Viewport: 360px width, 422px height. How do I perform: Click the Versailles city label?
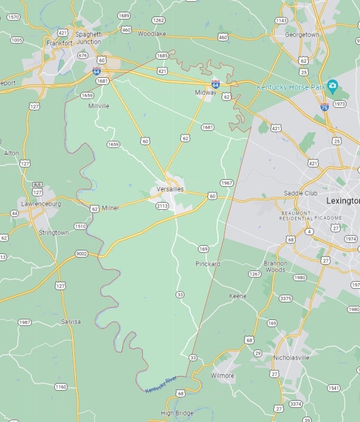pyautogui.click(x=170, y=189)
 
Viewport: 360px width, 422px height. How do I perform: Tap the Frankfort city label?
pyautogui.click(x=60, y=43)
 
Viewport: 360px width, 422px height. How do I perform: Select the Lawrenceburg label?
pyautogui.click(x=41, y=204)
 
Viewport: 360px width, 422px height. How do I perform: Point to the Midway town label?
pyautogui.click(x=206, y=93)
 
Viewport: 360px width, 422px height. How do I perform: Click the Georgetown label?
pyautogui.click(x=302, y=35)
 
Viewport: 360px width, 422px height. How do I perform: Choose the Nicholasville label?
pyautogui.click(x=291, y=358)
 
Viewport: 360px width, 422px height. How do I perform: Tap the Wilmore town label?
pyautogui.click(x=222, y=375)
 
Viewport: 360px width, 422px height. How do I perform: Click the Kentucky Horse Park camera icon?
pyautogui.click(x=332, y=87)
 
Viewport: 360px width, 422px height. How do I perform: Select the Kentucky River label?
pyautogui.click(x=161, y=383)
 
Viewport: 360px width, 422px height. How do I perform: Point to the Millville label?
pyautogui.click(x=98, y=106)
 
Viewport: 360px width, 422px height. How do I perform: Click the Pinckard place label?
pyautogui.click(x=207, y=264)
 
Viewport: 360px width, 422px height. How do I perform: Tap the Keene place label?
pyautogui.click(x=237, y=296)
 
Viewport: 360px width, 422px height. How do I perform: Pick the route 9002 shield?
pyautogui.click(x=81, y=253)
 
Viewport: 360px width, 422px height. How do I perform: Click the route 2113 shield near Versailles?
pyautogui.click(x=162, y=206)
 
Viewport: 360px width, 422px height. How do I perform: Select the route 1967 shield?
pyautogui.click(x=227, y=183)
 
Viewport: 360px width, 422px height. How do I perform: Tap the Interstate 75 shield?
pyautogui.click(x=325, y=107)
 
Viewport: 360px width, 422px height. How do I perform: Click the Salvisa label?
pyautogui.click(x=71, y=322)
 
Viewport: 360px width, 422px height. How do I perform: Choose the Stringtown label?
pyautogui.click(x=53, y=233)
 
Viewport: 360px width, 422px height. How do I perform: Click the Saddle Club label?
pyautogui.click(x=300, y=193)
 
